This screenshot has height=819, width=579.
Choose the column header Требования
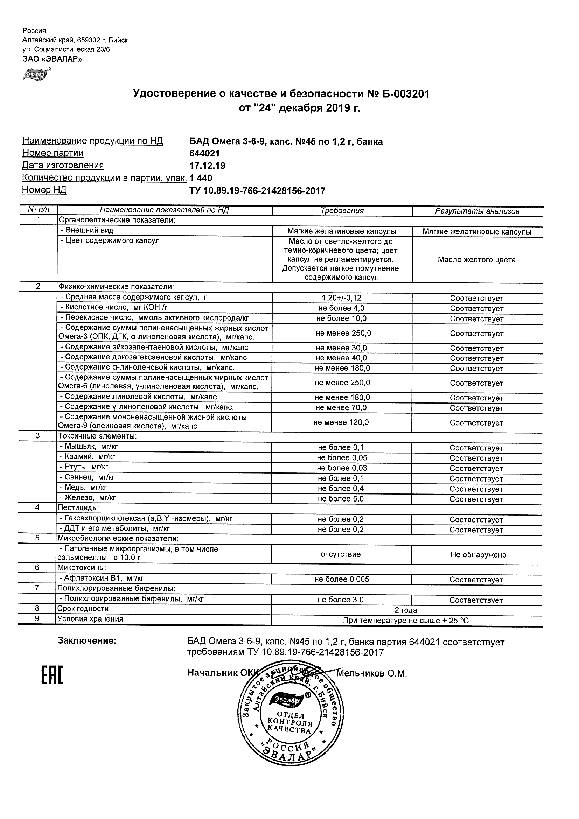342,211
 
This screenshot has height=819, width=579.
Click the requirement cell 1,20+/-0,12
341,298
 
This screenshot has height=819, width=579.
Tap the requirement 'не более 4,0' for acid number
341,308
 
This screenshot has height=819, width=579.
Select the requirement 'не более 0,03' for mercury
341,468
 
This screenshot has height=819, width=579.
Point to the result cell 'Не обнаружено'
478,555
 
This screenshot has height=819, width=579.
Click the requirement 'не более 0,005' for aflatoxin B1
341,580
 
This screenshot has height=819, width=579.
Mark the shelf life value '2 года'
406,610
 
